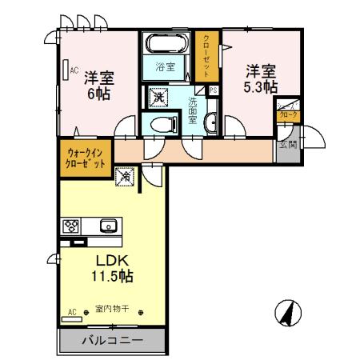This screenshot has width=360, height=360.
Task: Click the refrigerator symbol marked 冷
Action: pyautogui.click(x=125, y=176)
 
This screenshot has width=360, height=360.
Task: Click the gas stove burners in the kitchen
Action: pyautogui.click(x=73, y=225)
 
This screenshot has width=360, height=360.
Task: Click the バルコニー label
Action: pyautogui.click(x=112, y=342)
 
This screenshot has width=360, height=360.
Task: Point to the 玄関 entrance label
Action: pyautogui.click(x=287, y=146)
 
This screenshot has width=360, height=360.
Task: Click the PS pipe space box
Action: pyautogui.click(x=213, y=90)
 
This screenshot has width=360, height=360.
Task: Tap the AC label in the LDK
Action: pyautogui.click(x=71, y=311)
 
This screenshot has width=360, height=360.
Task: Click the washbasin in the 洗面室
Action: pyautogui.click(x=210, y=122)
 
